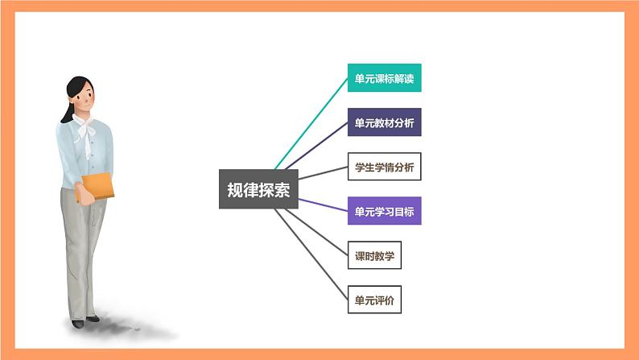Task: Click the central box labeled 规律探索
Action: coord(258,188)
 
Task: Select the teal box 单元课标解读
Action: coord(384,79)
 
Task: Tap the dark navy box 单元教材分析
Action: coord(384,124)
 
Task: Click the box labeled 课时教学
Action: coord(374,256)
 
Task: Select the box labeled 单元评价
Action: coord(374,300)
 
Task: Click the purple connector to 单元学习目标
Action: coord(322,204)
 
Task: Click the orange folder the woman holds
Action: coord(96,186)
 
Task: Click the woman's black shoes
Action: coord(78,323)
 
